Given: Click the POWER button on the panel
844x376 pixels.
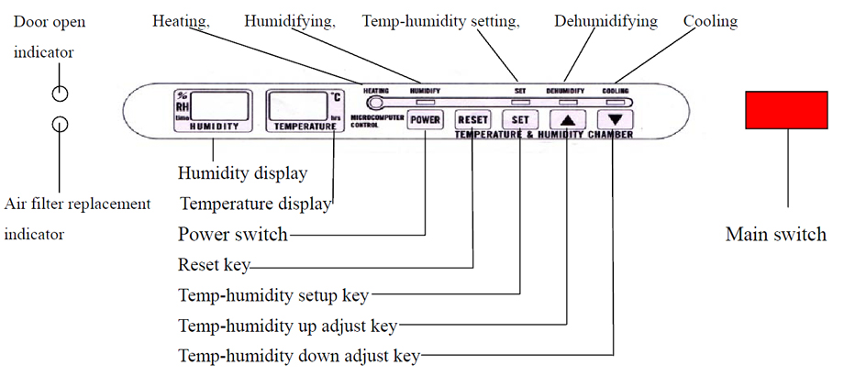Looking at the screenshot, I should (x=426, y=119).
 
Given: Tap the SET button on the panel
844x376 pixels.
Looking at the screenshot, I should (x=519, y=119).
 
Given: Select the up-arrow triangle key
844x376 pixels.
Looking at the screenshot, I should (x=568, y=119).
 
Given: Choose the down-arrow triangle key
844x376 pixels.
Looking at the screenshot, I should (x=614, y=119).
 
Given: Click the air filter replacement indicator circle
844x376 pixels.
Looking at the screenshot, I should (x=60, y=124).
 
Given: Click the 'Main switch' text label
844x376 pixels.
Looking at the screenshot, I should (x=775, y=234).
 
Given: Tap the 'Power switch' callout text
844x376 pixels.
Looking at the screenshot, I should (x=232, y=234).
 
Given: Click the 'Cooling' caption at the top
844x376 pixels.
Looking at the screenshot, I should (x=710, y=20).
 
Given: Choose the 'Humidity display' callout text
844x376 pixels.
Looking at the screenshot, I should (x=242, y=172).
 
